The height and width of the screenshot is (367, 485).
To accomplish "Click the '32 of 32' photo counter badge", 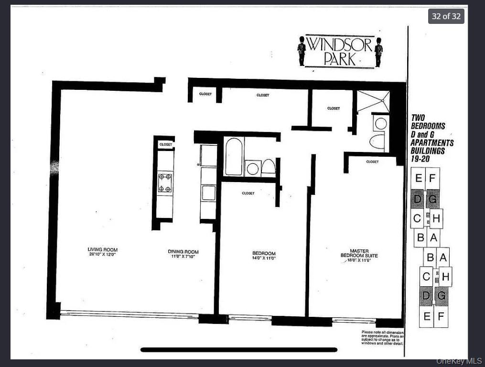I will tap(446, 16).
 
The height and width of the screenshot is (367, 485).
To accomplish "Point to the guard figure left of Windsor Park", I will tap(302, 51).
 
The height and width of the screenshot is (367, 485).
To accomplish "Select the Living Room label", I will tap(102, 249).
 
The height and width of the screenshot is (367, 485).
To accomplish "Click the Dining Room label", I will tap(183, 252).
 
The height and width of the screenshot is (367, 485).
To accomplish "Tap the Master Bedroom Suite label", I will tap(359, 253).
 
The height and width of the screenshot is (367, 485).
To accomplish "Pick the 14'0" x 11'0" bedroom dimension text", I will tap(264, 258).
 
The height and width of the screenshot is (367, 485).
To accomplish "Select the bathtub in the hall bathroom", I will tap(234, 156).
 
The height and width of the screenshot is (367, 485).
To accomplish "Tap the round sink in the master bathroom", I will tap(381, 124).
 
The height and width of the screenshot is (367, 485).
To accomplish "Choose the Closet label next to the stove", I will tap(165, 144).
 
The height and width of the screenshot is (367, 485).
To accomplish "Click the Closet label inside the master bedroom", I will tap(372, 162).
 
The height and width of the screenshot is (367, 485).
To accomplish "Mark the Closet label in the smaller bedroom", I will tap(248, 194).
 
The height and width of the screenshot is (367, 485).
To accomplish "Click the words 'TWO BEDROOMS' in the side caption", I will tap(428, 122).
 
